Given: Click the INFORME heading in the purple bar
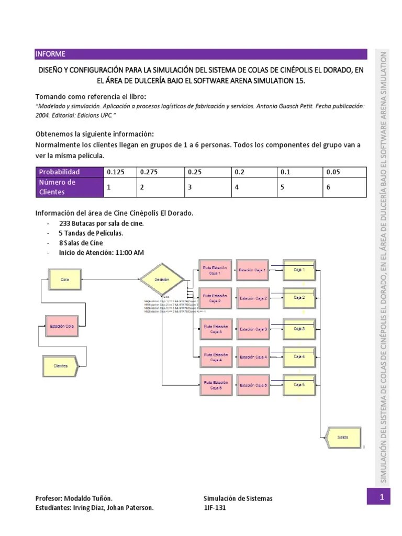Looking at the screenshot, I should (50, 54).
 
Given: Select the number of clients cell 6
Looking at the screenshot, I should (328, 187).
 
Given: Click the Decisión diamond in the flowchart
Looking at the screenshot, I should (162, 280).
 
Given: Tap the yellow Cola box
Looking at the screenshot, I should (65, 280).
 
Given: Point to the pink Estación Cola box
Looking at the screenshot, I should (61, 326).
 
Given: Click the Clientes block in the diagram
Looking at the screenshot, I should (60, 366).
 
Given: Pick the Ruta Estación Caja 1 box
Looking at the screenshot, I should (215, 270).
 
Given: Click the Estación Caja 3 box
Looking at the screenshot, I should (253, 329).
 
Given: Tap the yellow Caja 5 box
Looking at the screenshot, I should (299, 385).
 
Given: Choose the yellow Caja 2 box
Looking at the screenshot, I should (299, 298).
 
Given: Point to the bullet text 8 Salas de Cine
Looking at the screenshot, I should (81, 243).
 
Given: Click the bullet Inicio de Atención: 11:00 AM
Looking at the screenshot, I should (102, 252).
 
